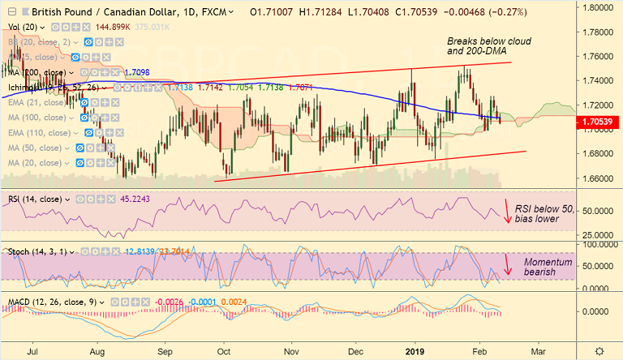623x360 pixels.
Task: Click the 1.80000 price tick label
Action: pos(599,6)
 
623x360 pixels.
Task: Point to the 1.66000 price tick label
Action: pos(599,178)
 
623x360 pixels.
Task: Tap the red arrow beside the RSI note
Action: pos(509,211)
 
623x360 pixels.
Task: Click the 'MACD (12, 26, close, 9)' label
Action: pos(49,302)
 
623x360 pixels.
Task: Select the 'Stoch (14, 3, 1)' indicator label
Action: pos(36,251)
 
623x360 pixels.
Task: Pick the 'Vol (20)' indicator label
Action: pos(24,26)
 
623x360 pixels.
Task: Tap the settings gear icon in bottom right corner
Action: pos(599,350)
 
